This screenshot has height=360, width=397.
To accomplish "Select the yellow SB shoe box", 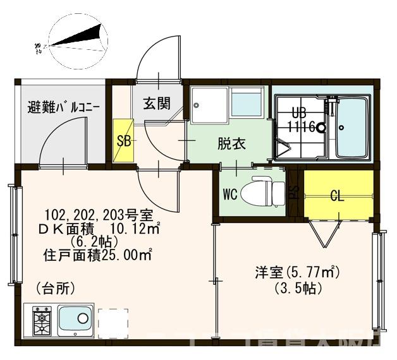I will [124, 141].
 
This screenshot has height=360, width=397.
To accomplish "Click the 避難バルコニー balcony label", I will [63, 107].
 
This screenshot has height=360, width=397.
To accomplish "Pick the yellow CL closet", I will [338, 195].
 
